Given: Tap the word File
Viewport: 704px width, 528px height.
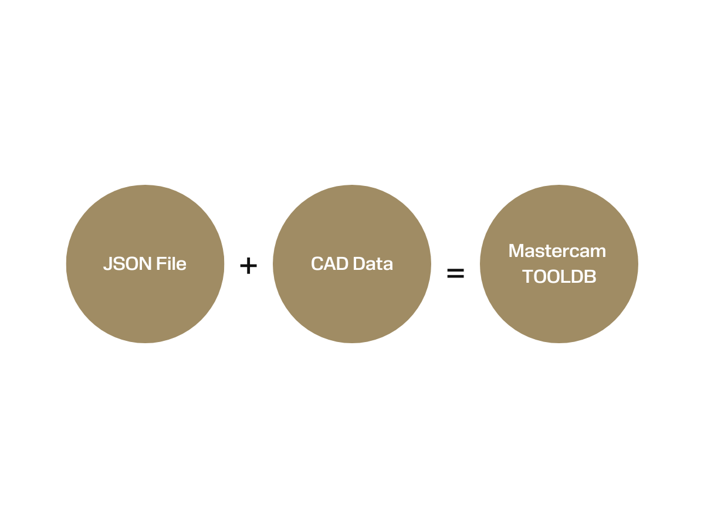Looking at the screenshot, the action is [171, 263].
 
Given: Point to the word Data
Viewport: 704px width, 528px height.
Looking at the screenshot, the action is [373, 263].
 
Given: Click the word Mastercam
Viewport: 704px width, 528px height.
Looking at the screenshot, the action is [557, 251].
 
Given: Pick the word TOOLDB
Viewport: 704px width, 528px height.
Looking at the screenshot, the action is [559, 276].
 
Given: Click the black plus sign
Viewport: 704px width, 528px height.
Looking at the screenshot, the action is [248, 266].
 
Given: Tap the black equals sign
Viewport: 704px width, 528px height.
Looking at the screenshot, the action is [455, 273].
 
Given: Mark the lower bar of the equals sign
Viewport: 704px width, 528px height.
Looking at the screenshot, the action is [455, 276].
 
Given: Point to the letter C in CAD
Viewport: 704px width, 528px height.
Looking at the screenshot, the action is [317, 264].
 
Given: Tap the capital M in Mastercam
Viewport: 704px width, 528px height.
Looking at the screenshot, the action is [517, 251].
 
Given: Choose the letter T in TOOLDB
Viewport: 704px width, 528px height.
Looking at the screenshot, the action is [528, 277].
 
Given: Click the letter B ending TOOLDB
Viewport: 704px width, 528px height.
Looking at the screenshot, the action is [590, 277].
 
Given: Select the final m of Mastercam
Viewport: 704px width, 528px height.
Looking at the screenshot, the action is [597, 253].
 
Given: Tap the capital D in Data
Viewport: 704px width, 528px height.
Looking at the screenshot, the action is [360, 263].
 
